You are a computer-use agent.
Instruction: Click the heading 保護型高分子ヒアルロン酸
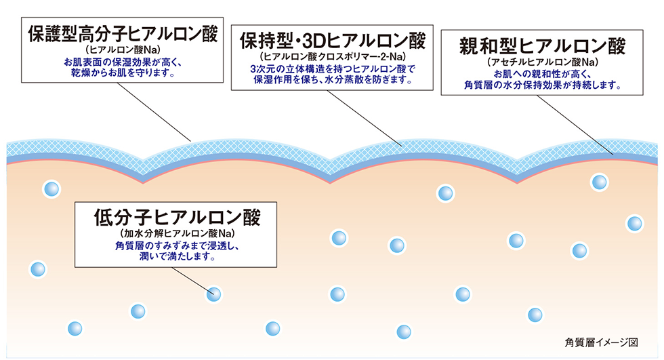(x=123, y=34)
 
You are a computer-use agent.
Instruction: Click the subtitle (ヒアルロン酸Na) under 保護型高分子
(x=123, y=51)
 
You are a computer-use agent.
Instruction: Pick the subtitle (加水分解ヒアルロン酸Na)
(x=176, y=235)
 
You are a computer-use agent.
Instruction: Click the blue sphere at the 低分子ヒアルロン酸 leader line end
(x=214, y=294)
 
